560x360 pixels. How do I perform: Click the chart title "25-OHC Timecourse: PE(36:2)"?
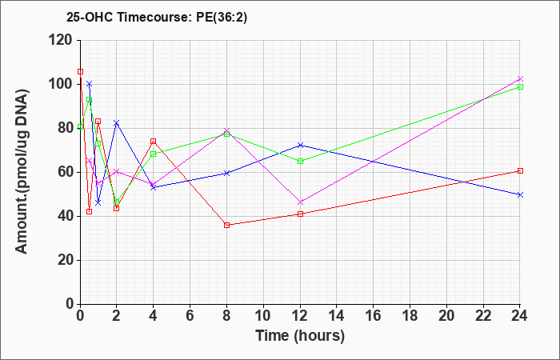pos(157,18)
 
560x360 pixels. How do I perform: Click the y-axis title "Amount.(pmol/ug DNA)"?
pos(22,171)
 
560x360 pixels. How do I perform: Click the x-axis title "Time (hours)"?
pos(300,336)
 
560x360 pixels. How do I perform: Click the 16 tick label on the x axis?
pos(374,316)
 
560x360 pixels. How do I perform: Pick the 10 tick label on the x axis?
pos(263,316)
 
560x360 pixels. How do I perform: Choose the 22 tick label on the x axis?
pos(483,316)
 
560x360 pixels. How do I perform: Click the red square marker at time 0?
pos(80,72)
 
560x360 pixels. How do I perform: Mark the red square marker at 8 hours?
pos(226,225)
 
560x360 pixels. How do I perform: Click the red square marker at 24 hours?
pos(520,170)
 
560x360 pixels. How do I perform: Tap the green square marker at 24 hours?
pos(520,86)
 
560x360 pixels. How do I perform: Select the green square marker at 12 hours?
pos(300,161)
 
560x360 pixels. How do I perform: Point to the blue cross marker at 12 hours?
pos(300,145)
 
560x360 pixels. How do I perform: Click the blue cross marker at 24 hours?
pos(520,194)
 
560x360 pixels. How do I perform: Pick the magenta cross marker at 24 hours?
pos(520,79)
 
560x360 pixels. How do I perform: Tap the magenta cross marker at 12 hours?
pos(300,202)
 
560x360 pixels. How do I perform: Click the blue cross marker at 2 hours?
pos(116,123)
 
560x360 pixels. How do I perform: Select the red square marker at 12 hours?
pos(300,214)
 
